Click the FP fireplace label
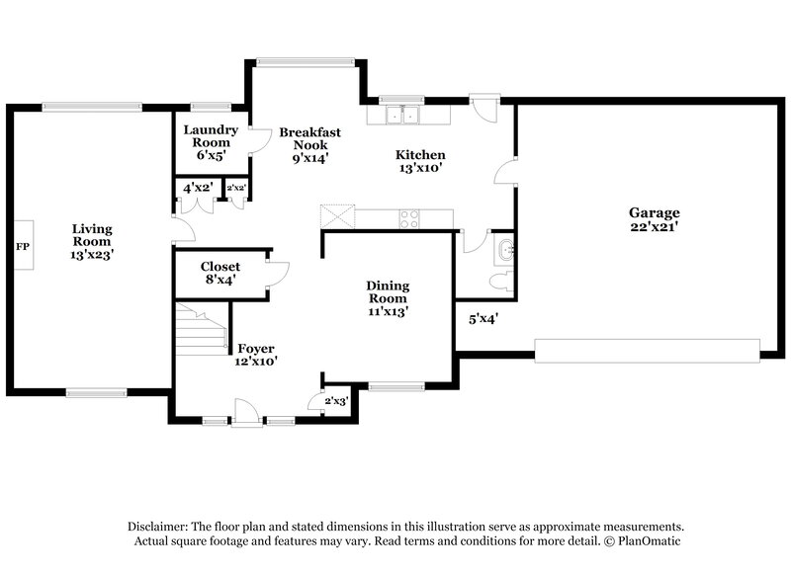coord(21,245)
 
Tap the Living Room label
coord(91,241)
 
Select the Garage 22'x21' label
coord(654,218)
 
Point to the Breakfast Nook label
coord(309,144)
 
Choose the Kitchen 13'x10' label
coord(420,161)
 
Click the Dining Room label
coord(388,298)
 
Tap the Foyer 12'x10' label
coord(255,355)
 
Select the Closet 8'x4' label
coord(220,273)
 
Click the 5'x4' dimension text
coord(483,318)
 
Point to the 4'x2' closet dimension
coord(198,188)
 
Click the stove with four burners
coord(410,218)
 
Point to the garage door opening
coord(647,351)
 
